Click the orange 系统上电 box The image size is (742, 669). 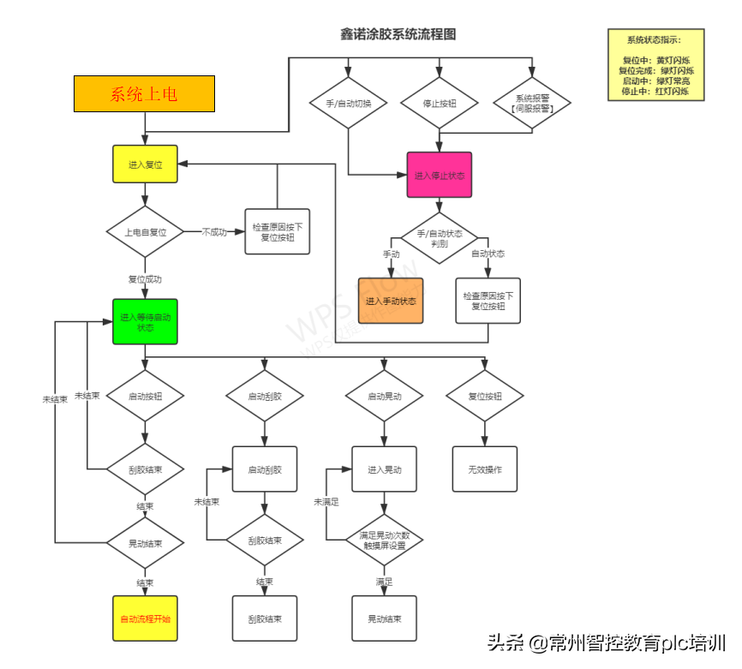[x=144, y=94]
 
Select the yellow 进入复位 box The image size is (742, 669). [x=145, y=164]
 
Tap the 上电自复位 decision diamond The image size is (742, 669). [x=145, y=231]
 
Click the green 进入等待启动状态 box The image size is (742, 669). [x=145, y=321]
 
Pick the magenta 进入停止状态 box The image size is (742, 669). [x=439, y=175]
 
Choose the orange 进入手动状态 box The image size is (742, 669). [x=391, y=301]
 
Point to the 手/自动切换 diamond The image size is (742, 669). [x=349, y=103]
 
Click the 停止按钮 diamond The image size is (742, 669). [x=440, y=103]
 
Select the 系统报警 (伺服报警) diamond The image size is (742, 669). [x=532, y=103]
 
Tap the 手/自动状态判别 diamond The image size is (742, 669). [x=440, y=238]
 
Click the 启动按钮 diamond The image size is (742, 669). [x=145, y=396]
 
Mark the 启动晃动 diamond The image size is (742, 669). [x=384, y=396]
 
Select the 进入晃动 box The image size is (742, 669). [x=384, y=469]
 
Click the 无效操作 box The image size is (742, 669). [x=485, y=469]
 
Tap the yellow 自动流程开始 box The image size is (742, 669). [x=145, y=618]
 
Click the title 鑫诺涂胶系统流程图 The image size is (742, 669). [x=398, y=34]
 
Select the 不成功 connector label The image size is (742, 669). [x=214, y=231]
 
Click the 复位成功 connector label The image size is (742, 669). [x=145, y=279]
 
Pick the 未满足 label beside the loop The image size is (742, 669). [x=326, y=502]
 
